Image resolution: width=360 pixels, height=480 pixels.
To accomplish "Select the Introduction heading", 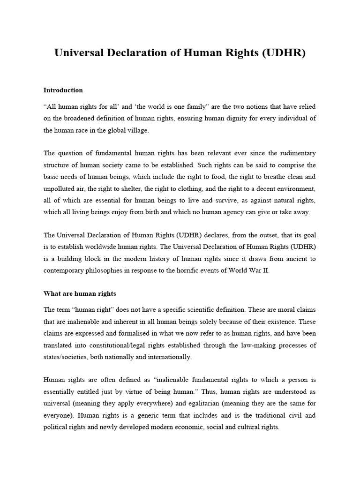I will [63, 90].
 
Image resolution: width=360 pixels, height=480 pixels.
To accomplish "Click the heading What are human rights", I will [80, 293].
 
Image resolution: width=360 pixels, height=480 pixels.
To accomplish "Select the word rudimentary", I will [294, 153].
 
